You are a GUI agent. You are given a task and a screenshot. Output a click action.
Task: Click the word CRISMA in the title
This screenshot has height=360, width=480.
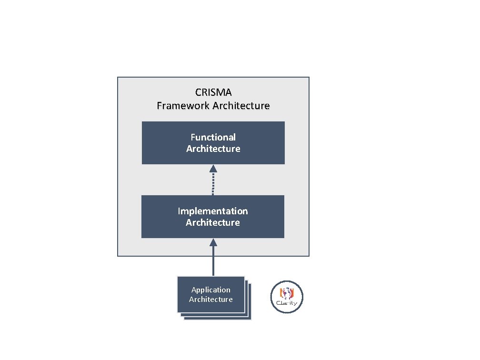pyautogui.click(x=213, y=92)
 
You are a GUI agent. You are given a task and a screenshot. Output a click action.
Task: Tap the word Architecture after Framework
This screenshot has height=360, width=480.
pyautogui.click(x=241, y=106)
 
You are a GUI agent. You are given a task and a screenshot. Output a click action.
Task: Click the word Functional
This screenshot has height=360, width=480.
pyautogui.click(x=213, y=137)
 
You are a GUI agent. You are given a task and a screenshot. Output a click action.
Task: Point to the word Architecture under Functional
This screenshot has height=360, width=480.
pyautogui.click(x=213, y=149)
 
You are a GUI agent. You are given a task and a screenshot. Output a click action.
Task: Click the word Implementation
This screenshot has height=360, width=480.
pyautogui.click(x=213, y=211)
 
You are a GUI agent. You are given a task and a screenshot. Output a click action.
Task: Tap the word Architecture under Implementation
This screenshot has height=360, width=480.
pyautogui.click(x=213, y=222)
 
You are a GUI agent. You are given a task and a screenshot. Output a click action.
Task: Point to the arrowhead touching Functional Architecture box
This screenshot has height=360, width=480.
pyautogui.click(x=213, y=168)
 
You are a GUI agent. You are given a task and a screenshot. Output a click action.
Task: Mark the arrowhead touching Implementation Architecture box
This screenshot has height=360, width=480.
pyautogui.click(x=213, y=242)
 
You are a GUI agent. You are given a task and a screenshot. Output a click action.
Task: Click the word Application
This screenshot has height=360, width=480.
pyautogui.click(x=210, y=290)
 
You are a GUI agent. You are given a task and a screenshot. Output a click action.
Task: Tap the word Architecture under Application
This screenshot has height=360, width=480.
pyautogui.click(x=210, y=299)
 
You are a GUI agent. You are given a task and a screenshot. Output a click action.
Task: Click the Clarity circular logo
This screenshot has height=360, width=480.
pyautogui.click(x=287, y=297)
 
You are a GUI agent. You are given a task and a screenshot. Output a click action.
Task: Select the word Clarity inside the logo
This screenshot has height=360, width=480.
pyautogui.click(x=287, y=302)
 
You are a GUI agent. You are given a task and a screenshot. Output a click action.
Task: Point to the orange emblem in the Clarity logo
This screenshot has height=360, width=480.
pyautogui.click(x=287, y=292)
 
